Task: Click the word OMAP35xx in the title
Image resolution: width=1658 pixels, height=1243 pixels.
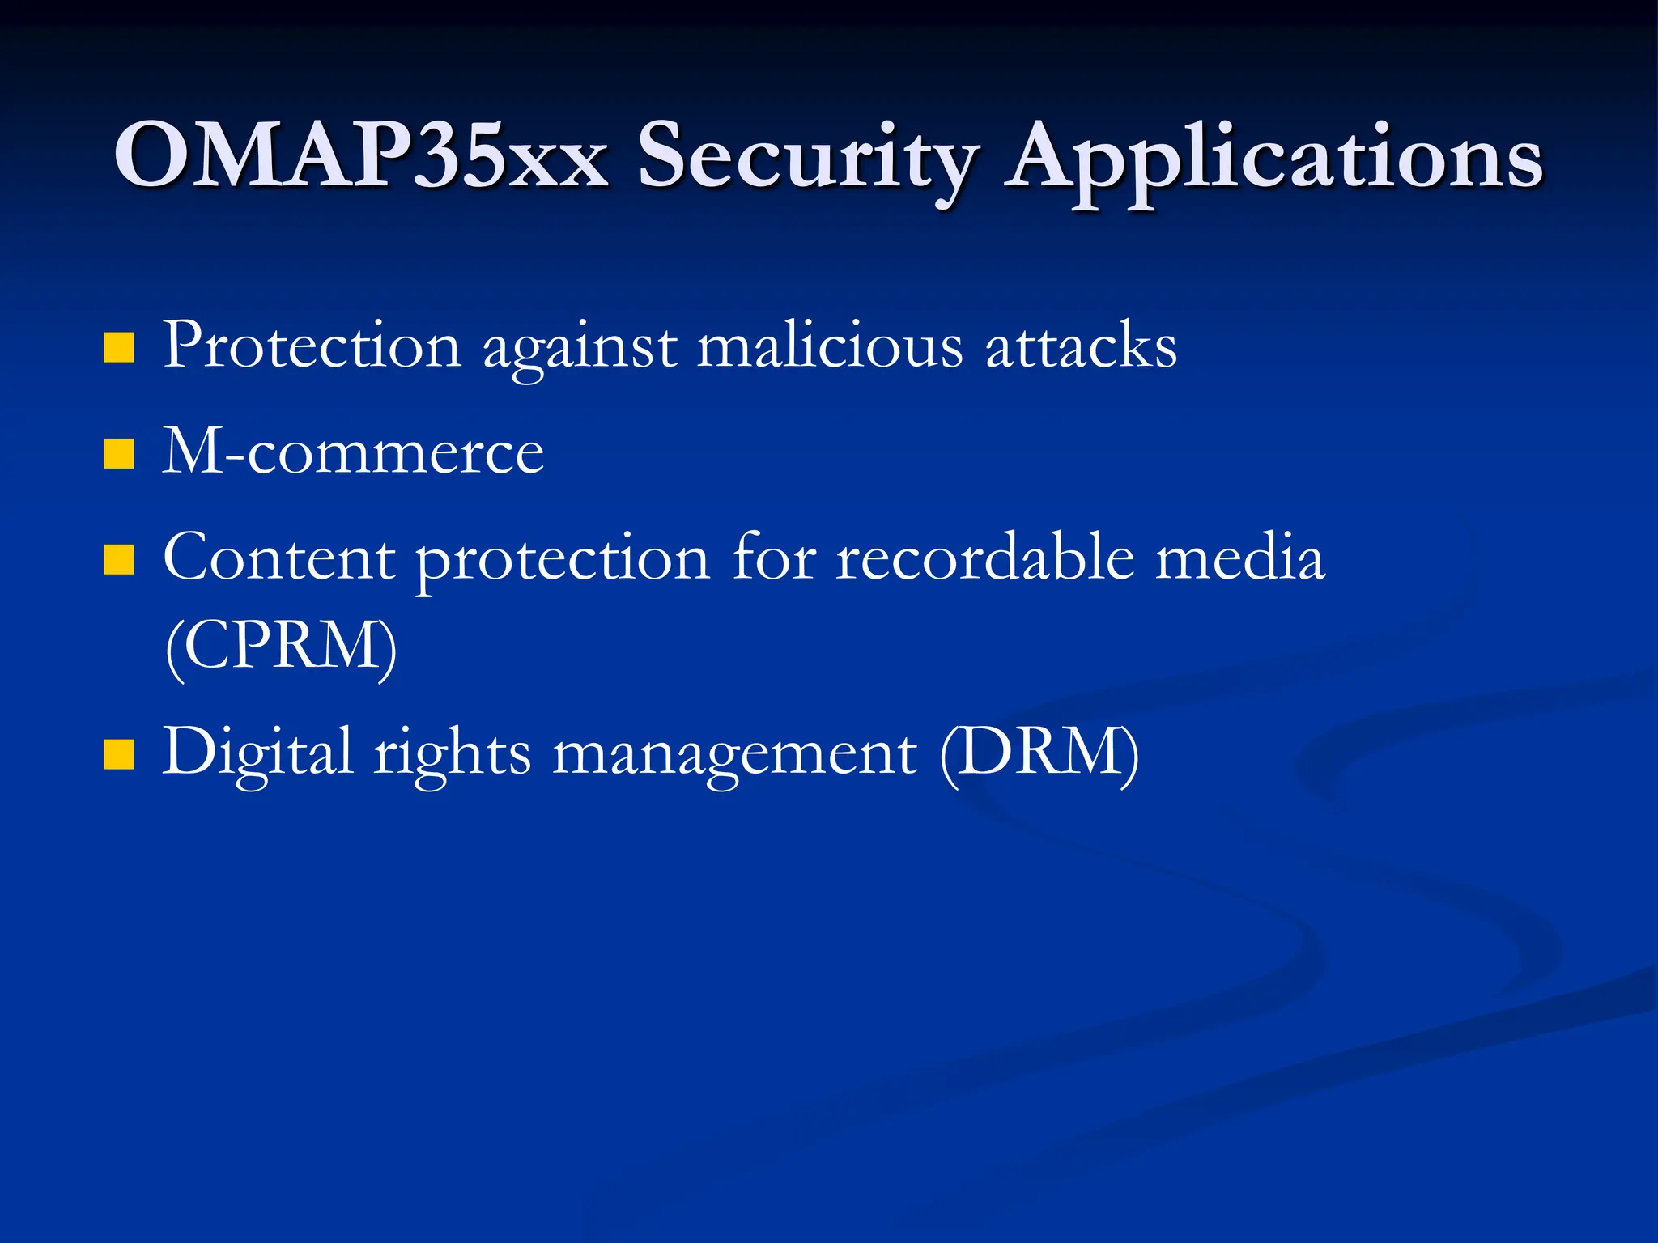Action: tap(361, 155)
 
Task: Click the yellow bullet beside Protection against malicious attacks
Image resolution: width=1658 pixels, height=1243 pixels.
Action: tap(119, 348)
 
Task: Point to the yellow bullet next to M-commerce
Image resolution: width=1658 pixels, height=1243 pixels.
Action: tap(119, 454)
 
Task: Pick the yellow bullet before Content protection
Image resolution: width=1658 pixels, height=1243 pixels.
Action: tap(119, 560)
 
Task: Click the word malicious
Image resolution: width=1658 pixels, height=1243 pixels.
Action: tap(830, 346)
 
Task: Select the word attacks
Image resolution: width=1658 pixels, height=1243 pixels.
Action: tap(1081, 346)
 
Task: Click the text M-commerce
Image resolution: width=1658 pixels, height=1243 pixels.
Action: tap(353, 452)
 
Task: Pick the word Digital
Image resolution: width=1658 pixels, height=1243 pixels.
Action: tap(257, 753)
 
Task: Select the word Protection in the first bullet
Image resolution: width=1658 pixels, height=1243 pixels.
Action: tap(312, 346)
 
